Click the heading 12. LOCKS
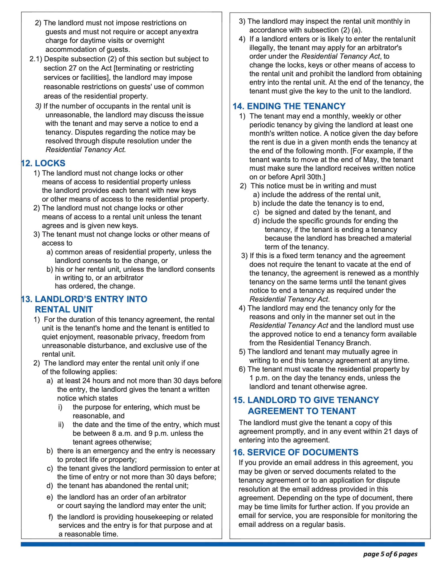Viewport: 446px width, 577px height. (x=43, y=163)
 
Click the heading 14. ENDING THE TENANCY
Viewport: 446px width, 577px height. (x=289, y=106)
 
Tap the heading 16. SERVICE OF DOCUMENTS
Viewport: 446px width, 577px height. (x=296, y=452)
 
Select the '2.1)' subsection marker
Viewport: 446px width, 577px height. (x=36, y=59)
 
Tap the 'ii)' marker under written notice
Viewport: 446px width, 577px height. (x=61, y=425)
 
